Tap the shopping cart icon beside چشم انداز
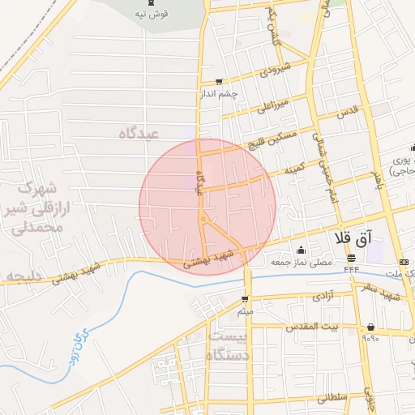tap(219, 82)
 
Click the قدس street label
tap(349, 109)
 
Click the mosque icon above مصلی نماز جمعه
tap(302, 250)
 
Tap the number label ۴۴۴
tap(351, 268)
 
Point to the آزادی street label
tap(322, 297)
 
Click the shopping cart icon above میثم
tap(246, 298)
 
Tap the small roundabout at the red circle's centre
tap(203, 219)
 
